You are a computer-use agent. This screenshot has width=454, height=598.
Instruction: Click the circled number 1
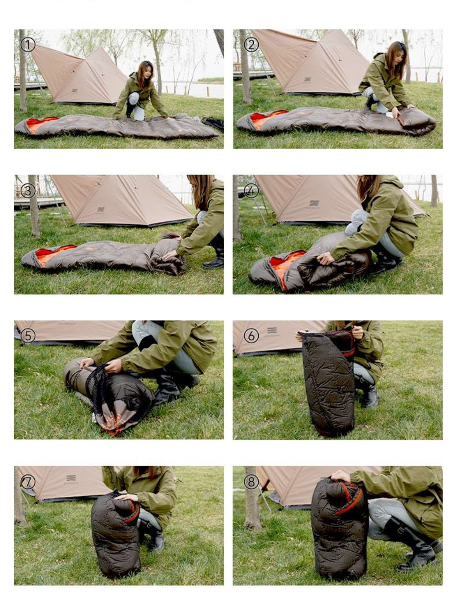pos(28,44)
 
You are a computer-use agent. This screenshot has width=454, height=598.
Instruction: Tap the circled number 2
pos(251,44)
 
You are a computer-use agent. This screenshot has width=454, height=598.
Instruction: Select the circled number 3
pos(28,191)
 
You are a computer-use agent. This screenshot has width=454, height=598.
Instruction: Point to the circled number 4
pos(251,191)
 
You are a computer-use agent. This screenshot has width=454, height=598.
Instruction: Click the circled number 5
pos(28,336)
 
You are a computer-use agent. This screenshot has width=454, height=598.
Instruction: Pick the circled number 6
pos(251,336)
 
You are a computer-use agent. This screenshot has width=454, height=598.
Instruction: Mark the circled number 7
pos(28,482)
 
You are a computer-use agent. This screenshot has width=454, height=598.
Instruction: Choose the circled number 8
pos(251,482)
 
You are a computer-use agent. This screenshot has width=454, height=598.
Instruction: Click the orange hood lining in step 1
pos(40,124)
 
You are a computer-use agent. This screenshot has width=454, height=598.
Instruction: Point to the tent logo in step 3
pos(101,210)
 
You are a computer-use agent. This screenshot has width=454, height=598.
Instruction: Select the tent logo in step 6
pos(272,330)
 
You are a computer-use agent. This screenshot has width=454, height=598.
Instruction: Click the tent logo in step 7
pos(71,478)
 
